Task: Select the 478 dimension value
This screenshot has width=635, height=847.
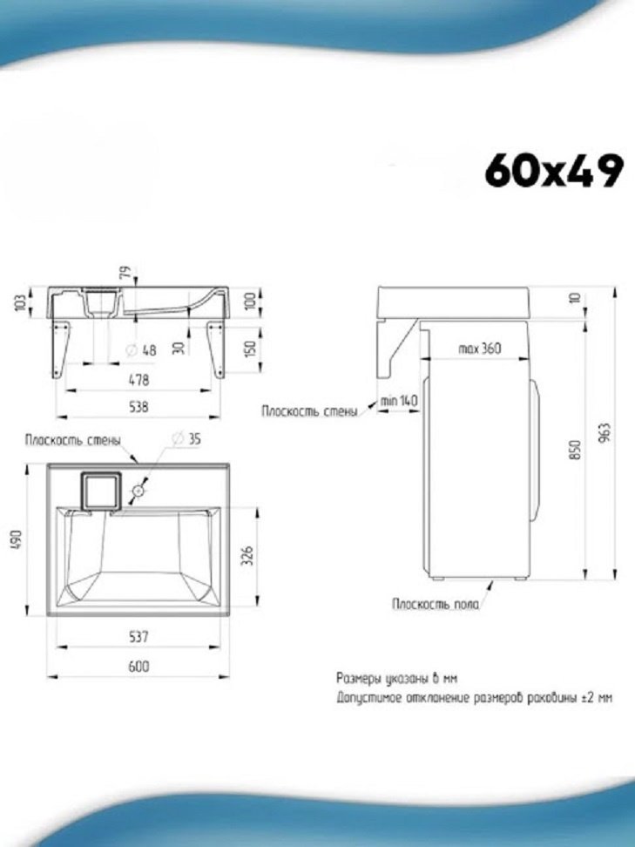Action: click(x=138, y=380)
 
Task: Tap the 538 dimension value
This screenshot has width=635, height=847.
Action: click(x=138, y=407)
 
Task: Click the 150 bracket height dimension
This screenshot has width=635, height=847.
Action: click(x=250, y=349)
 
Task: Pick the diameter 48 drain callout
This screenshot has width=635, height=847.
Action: click(x=141, y=350)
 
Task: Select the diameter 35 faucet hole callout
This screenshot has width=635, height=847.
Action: click(x=186, y=438)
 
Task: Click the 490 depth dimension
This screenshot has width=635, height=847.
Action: click(x=17, y=539)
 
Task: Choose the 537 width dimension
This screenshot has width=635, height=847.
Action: click(x=138, y=637)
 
